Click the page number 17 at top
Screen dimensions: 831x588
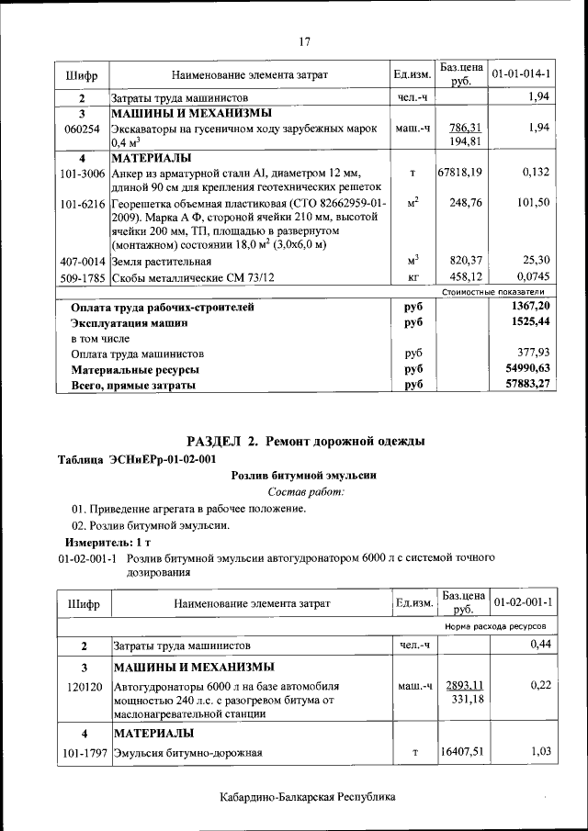305,40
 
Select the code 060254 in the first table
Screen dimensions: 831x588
81,129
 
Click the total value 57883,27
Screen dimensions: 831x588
526,385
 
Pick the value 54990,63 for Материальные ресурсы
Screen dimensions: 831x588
526,369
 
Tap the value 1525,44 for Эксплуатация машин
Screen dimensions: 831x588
527,323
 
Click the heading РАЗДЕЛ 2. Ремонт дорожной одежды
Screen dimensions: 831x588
305,442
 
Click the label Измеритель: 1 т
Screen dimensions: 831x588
103,543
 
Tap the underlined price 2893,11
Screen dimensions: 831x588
465,686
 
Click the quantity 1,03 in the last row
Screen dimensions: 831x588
536,753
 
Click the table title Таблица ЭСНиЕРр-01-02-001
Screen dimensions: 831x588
137,458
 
